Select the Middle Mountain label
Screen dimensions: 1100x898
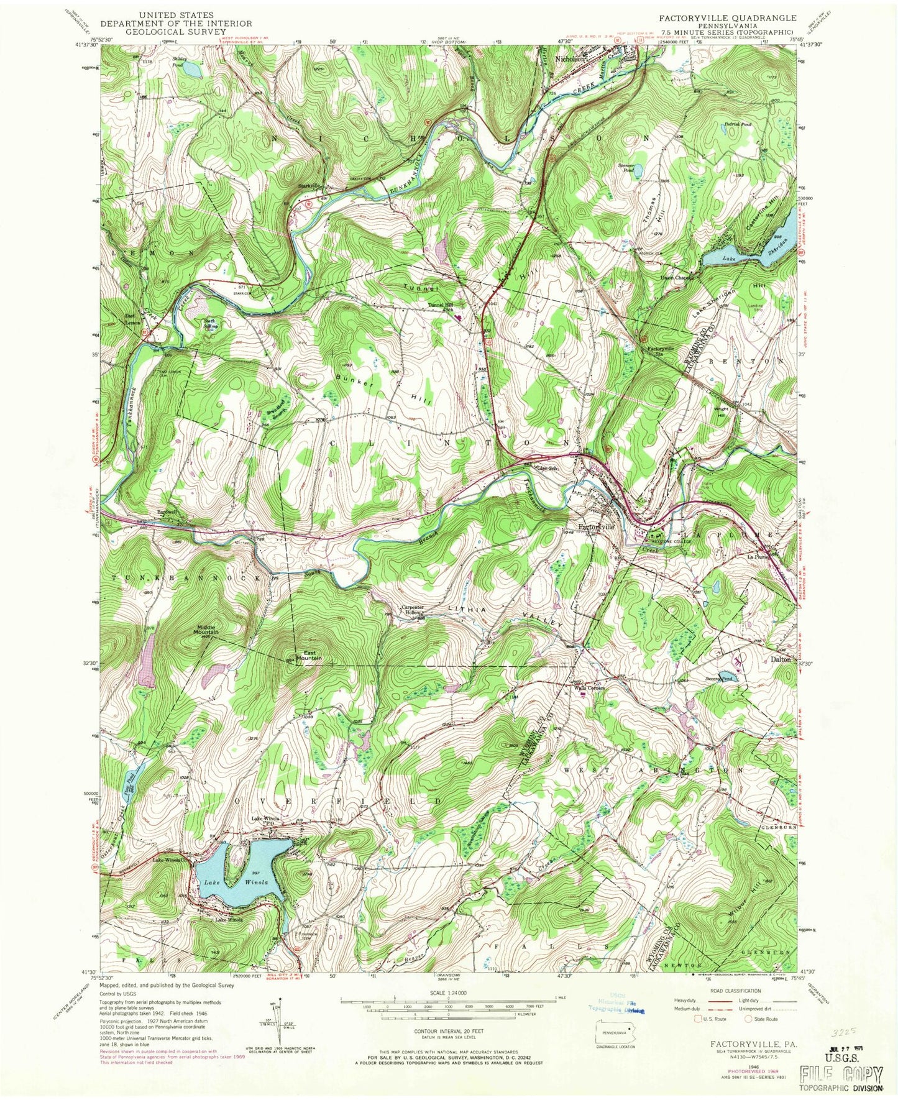204,630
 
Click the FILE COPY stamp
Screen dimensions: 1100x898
841,1074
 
